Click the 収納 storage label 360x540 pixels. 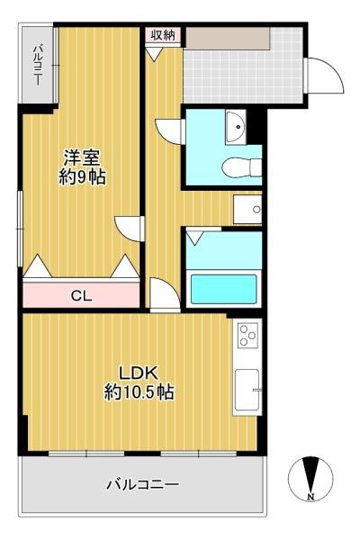coord(162,35)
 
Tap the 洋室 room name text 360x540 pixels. coord(81,158)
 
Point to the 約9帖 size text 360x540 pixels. coord(82,177)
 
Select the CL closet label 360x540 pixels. coord(81,295)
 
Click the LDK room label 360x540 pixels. coord(139,373)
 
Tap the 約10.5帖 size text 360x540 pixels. coord(139,391)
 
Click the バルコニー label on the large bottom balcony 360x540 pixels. coord(142,485)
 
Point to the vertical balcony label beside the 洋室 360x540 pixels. coord(38,65)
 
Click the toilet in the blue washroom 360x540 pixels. coord(242,167)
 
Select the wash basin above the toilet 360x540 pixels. coord(236,126)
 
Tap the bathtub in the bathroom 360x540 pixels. coord(224,289)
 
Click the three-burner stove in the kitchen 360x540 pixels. coord(248,334)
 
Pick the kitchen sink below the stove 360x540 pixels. coord(247,390)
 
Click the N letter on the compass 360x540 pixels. coord(310,497)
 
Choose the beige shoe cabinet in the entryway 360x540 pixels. coord(228,38)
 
